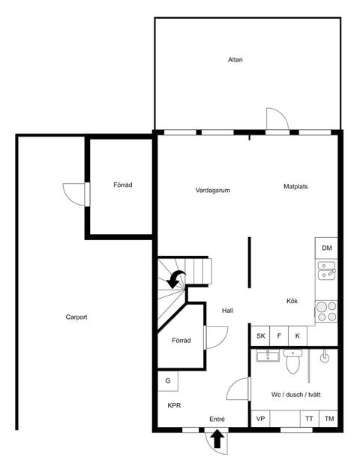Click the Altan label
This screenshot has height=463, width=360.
235,59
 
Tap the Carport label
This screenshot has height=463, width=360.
76,317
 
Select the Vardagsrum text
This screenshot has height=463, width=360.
212,190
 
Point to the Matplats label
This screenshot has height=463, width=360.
295,187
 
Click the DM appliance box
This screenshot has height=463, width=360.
326,248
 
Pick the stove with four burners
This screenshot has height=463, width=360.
326,311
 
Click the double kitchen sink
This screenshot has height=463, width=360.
326,270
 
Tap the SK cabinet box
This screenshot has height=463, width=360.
260,335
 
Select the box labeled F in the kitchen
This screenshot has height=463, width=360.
279,335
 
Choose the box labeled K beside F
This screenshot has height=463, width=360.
298,335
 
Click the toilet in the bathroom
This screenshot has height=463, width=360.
292,361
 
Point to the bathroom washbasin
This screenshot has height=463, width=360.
268,356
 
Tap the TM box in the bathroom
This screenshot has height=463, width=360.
328,419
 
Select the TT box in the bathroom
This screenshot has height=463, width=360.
310,419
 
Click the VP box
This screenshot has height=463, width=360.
260,419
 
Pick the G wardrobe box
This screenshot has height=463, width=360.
168,380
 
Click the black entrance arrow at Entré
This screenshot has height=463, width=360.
217,439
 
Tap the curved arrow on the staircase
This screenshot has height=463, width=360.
176,279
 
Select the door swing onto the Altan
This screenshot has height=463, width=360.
277,119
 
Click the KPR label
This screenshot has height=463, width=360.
174,406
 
